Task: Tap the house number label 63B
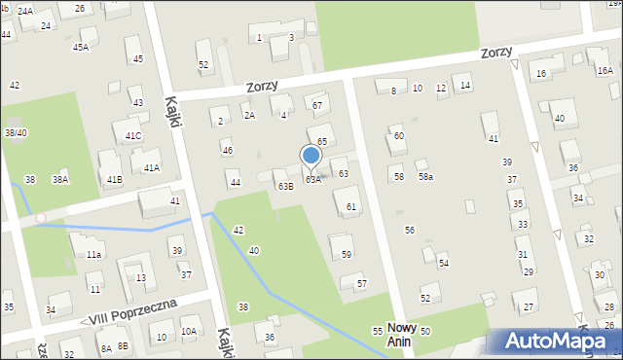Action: coord(285,186)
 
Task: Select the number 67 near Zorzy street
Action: coord(316,104)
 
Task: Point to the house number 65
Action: coord(321,142)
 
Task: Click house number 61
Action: coord(350,207)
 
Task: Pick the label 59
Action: coord(347,254)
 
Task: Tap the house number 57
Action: coord(361,283)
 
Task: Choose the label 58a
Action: coord(425,177)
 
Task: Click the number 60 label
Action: coord(398,136)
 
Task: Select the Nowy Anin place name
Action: coord(402,335)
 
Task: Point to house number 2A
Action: coord(249,115)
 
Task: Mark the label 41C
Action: coord(132,136)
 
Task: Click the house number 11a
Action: coord(92,254)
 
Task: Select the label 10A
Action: coord(188,332)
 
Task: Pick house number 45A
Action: coord(80,47)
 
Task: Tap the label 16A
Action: coord(605,70)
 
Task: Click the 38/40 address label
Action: coord(16,132)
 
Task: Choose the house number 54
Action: coord(443,264)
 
